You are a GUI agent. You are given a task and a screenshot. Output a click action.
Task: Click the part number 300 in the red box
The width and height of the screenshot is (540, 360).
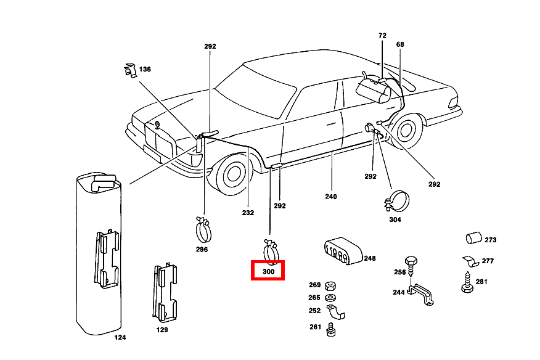(x=268, y=271)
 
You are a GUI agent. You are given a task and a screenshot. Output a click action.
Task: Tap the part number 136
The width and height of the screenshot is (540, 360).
(x=145, y=69)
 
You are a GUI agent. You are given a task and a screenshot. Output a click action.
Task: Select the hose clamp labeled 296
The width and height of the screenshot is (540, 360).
(x=203, y=230)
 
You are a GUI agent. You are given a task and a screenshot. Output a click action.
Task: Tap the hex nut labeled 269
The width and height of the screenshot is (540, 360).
(x=330, y=285)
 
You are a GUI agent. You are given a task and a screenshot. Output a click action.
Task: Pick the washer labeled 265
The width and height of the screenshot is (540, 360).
(x=330, y=298)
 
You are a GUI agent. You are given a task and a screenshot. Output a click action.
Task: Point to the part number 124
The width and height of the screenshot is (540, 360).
(x=120, y=338)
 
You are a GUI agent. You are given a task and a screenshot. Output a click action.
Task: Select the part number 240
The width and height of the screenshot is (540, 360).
(x=332, y=197)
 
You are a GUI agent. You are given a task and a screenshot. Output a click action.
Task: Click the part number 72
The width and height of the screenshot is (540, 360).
(x=382, y=36)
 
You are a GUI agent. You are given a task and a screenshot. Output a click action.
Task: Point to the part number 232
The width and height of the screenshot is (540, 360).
(x=247, y=213)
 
